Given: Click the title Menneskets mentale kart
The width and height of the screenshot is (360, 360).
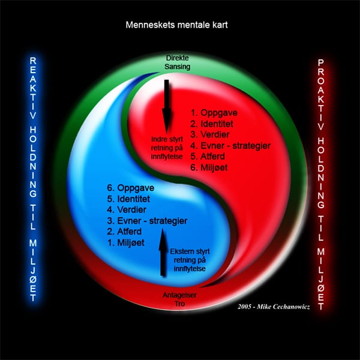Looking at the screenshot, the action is (176, 25).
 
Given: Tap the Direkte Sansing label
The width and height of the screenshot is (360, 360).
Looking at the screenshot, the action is (177, 62).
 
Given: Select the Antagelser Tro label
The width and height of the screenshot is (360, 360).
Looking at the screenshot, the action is (179, 299).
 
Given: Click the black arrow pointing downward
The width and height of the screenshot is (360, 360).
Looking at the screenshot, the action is (166, 106).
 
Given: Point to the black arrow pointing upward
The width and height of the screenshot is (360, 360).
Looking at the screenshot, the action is (163, 252).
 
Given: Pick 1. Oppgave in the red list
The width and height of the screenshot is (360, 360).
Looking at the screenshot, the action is (214, 113).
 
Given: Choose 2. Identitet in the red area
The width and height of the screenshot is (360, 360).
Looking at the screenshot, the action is (212, 124).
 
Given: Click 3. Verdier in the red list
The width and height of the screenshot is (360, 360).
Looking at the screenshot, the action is (210, 134).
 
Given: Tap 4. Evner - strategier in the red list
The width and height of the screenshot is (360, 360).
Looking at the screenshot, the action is (230, 146).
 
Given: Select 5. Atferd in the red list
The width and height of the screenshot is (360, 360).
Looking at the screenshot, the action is (208, 157).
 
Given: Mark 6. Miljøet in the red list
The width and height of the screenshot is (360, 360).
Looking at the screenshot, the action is (209, 167).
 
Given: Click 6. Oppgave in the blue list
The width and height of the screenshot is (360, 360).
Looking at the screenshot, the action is (130, 188).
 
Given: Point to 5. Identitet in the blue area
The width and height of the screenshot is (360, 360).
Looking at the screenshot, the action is (128, 199).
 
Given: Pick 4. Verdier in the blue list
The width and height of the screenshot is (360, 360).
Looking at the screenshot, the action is (127, 209).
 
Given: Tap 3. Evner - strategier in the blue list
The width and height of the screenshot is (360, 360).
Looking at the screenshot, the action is (147, 221).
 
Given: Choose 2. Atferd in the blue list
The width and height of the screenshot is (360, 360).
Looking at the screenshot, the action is (124, 232).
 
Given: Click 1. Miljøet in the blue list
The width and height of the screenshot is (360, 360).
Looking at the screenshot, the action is (125, 242).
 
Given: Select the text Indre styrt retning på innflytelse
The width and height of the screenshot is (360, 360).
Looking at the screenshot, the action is (167, 148).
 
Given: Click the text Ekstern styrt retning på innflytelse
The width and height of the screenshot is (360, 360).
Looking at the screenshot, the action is (190, 260).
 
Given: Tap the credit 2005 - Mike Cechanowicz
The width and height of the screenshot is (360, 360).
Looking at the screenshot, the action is (274, 307).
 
